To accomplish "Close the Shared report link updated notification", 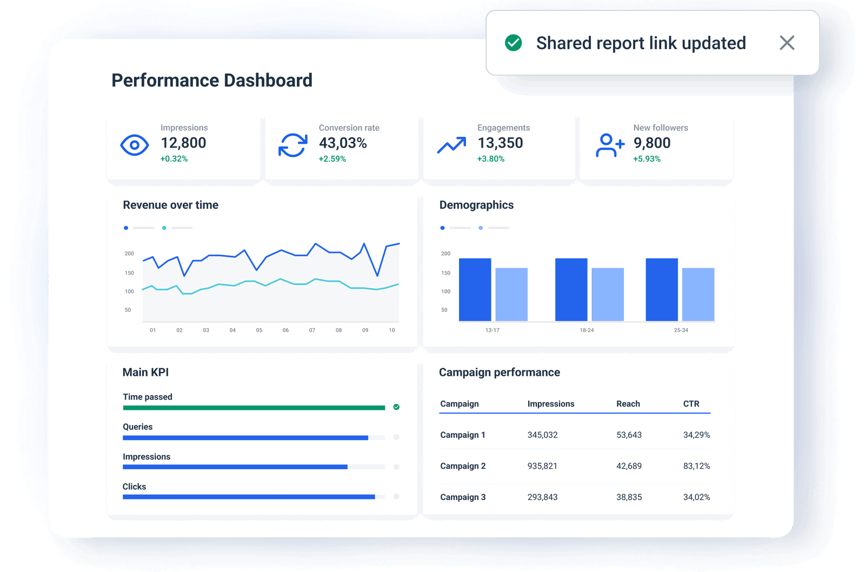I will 787,43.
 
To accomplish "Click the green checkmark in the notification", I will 513,43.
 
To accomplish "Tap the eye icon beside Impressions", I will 135,145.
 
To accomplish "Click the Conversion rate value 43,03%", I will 343,143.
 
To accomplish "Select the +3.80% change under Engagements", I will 490,159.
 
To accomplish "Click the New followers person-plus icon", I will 610,145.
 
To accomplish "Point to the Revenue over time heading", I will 170,205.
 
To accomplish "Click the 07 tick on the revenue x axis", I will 312,330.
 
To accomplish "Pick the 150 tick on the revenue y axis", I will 129,273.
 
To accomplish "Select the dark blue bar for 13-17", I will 475,290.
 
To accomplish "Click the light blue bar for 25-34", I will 698,295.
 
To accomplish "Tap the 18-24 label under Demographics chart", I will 587,330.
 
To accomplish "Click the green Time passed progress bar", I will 254,408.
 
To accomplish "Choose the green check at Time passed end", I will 396,407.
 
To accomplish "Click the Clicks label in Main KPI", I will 134,487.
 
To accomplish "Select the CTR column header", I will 691,404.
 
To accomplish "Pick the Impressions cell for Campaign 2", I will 542,466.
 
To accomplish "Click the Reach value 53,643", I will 629,435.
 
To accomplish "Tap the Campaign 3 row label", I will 463,497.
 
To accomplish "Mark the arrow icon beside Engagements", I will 451,145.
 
